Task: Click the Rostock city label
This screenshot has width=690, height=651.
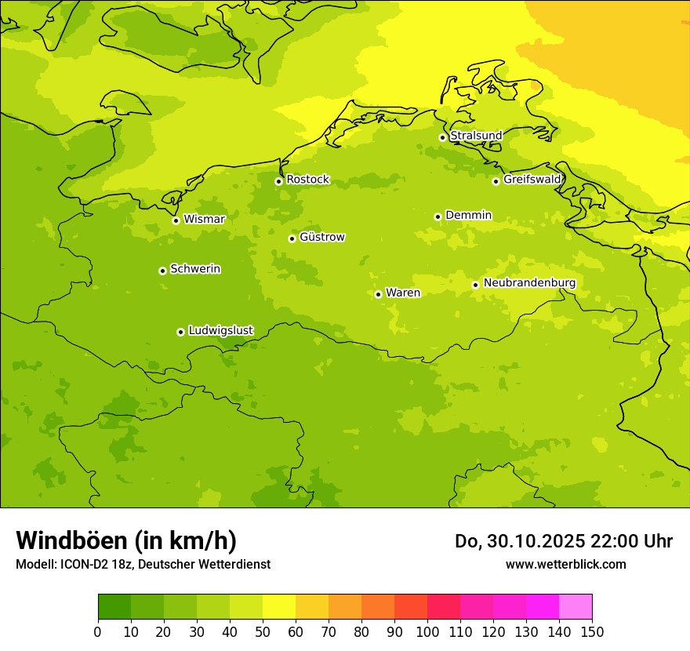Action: point(307,180)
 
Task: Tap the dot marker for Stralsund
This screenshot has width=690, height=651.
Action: point(442,137)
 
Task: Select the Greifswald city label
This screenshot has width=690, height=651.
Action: point(532,180)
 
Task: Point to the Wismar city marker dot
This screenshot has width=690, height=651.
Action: point(176,220)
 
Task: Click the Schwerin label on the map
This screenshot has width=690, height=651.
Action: point(195,269)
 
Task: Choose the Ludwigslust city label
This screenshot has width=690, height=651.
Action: point(220,330)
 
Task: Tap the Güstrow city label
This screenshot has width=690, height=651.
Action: point(321,237)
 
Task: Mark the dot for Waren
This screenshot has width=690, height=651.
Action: point(378,294)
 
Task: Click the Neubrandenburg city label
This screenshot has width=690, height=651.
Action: point(529,283)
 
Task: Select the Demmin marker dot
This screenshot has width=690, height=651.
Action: point(438,216)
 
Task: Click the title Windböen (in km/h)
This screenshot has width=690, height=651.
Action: point(126,540)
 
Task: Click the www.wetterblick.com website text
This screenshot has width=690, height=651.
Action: point(565,564)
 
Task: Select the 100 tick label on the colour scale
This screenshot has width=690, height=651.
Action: point(427,631)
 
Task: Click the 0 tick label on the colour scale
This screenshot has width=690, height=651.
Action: point(98,631)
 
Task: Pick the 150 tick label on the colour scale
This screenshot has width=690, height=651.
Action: point(591,631)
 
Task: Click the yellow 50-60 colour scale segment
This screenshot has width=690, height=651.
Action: point(279,607)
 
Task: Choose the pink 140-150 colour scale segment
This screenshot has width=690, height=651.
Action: point(576,607)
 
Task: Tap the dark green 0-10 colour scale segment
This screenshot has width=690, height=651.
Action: point(114,607)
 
